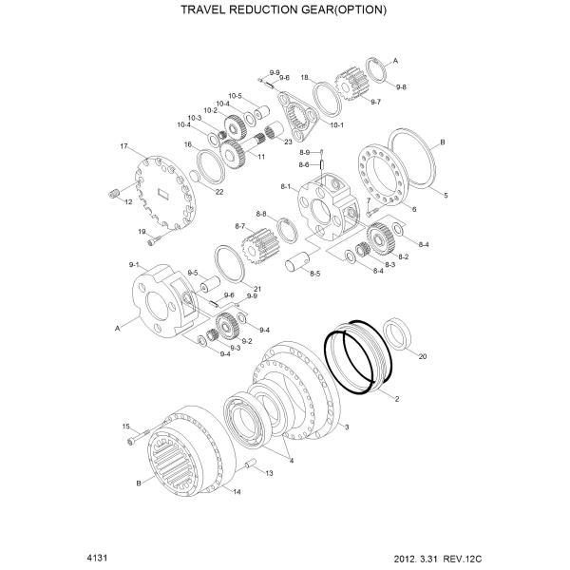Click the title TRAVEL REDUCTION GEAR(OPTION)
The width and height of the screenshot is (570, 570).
[x=284, y=10]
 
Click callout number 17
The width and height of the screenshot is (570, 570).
[x=123, y=146]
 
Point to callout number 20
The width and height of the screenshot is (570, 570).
[x=423, y=356]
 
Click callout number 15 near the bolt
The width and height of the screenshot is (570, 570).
[x=125, y=427]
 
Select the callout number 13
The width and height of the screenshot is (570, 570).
[x=269, y=472]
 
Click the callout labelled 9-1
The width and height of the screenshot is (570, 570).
[x=133, y=264]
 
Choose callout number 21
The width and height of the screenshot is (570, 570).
[x=257, y=288]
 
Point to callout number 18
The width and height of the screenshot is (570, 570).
[x=305, y=77]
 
